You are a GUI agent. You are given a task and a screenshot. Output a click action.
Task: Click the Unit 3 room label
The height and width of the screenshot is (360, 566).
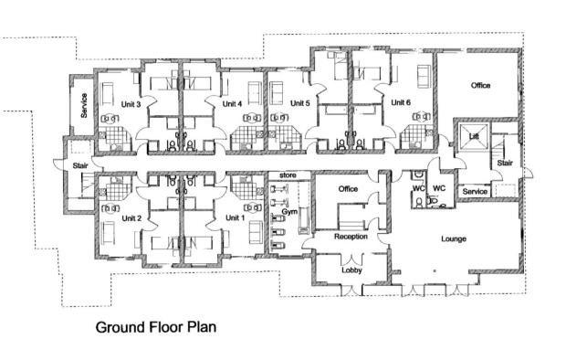coord(131,104)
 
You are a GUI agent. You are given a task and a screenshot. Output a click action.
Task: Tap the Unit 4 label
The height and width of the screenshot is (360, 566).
coord(232,104)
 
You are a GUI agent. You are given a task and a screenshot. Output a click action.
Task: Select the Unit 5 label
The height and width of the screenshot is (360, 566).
coord(300,103)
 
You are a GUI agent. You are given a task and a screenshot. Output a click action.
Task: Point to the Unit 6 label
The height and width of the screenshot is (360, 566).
coord(401,102)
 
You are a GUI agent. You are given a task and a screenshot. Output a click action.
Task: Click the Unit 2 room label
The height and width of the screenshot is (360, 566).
coord(131,218)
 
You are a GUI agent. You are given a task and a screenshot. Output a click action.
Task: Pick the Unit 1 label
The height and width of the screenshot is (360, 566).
coord(235,217)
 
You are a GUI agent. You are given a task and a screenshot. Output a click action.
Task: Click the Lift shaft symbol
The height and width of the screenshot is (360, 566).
coord(474,137)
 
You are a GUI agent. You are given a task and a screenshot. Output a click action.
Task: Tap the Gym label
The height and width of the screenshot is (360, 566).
coord(289,212)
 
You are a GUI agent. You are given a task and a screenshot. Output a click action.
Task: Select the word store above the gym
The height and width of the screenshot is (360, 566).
coord(288,175)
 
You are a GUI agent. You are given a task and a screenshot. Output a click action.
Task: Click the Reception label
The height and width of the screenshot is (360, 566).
coord(351,237)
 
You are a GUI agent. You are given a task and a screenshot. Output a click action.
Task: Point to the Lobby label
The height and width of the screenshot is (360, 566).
coord(351,270)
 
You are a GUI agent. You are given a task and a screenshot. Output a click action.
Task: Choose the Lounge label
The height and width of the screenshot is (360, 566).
coord(454,238)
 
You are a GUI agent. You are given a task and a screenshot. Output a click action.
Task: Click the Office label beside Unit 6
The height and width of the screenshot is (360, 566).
coord(480,85)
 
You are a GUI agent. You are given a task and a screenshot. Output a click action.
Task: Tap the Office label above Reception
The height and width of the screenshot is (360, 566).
coord(348,188)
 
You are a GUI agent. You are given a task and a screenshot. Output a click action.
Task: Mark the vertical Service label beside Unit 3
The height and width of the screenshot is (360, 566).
coord(84,105)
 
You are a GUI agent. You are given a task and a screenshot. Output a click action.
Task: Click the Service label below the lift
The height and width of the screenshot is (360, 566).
coord(475,192)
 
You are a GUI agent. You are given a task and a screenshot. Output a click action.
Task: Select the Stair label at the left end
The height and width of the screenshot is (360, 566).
coord(80,166)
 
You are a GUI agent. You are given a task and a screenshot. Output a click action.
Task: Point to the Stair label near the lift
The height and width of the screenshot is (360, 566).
coord(505,163)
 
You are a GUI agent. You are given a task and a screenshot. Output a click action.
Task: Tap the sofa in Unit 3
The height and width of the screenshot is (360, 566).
coord(107,93)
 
